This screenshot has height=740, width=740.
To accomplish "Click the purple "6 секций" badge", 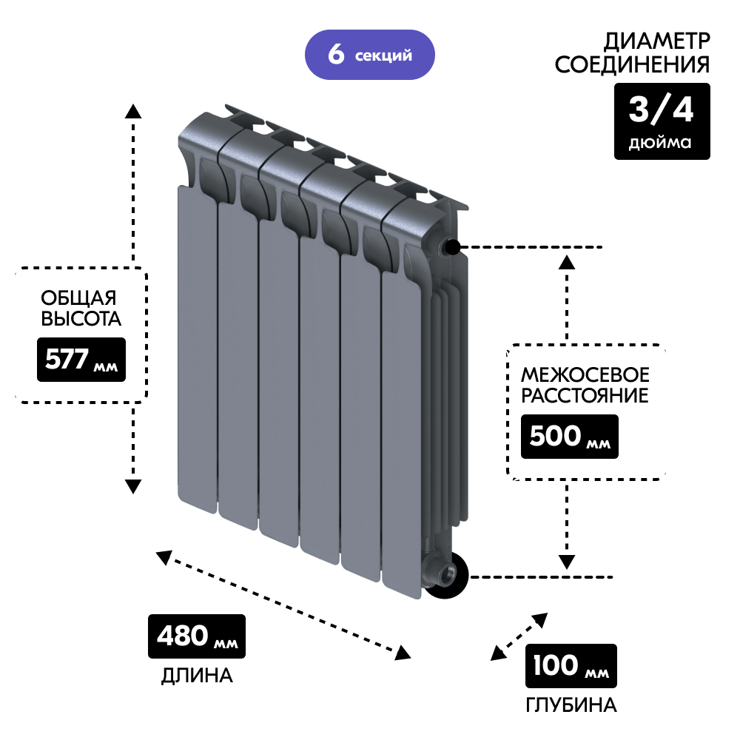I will [x=369, y=55].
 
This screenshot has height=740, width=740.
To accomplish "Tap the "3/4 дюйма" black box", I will [x=662, y=121].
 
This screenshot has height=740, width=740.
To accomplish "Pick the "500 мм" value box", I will [x=570, y=437].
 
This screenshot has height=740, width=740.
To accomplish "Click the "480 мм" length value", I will [x=197, y=636].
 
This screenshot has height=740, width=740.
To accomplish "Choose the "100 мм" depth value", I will [x=571, y=666].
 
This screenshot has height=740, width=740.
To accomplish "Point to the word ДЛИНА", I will [x=197, y=676].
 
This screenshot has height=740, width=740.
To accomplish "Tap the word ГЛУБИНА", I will [x=571, y=704].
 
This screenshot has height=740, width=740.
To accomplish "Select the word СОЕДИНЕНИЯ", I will [x=632, y=65].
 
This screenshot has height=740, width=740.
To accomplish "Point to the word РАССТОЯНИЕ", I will [x=585, y=396].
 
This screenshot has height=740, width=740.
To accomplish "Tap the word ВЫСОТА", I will [x=80, y=320].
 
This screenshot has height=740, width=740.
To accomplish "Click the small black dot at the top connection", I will [x=452, y=246].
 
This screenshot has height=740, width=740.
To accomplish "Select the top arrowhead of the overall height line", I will [x=133, y=111].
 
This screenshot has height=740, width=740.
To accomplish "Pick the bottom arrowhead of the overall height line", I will [x=133, y=486].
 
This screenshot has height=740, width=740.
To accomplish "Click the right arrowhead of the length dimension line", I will [x=403, y=653].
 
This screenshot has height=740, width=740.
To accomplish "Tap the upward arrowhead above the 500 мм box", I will [x=568, y=260].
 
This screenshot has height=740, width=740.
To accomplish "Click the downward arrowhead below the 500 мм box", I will [x=568, y=562].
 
